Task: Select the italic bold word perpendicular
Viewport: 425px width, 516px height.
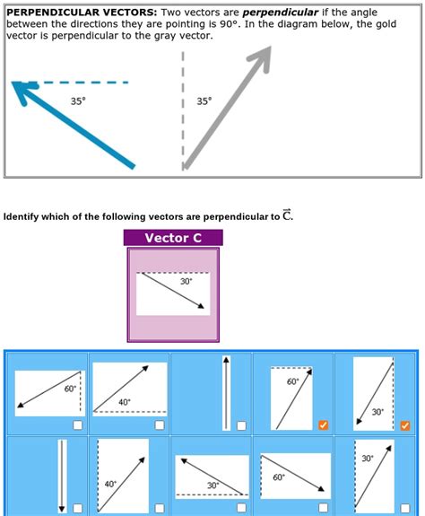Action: [x=280, y=13]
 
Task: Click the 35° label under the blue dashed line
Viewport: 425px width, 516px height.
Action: [x=79, y=101]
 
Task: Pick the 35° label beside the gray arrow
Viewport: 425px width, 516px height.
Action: [x=204, y=101]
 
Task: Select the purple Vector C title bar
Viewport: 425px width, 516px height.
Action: [x=172, y=238]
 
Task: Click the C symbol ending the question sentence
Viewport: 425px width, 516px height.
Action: [x=286, y=215]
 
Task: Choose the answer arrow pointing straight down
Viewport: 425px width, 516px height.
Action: [x=63, y=476]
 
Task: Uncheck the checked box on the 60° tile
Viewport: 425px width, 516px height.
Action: [x=324, y=424]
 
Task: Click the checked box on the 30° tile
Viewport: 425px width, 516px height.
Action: [x=406, y=424]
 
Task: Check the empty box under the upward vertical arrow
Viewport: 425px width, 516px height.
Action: [x=241, y=424]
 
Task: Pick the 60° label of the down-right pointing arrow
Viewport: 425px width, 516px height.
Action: [x=278, y=477]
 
